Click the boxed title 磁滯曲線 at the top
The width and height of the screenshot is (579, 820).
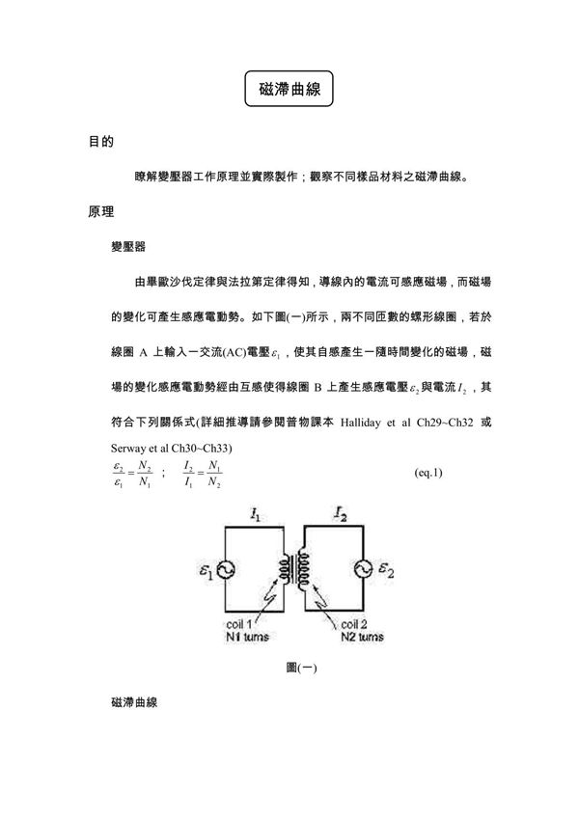pyautogui.click(x=289, y=87)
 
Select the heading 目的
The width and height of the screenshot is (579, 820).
pyautogui.click(x=101, y=142)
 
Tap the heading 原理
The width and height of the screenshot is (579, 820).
pyautogui.click(x=101, y=210)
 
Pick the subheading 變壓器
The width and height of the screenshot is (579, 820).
pyautogui.click(x=128, y=247)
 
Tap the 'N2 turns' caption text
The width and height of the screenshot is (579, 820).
pyautogui.click(x=362, y=638)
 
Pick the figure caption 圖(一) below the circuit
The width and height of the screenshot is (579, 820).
pyautogui.click(x=295, y=667)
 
